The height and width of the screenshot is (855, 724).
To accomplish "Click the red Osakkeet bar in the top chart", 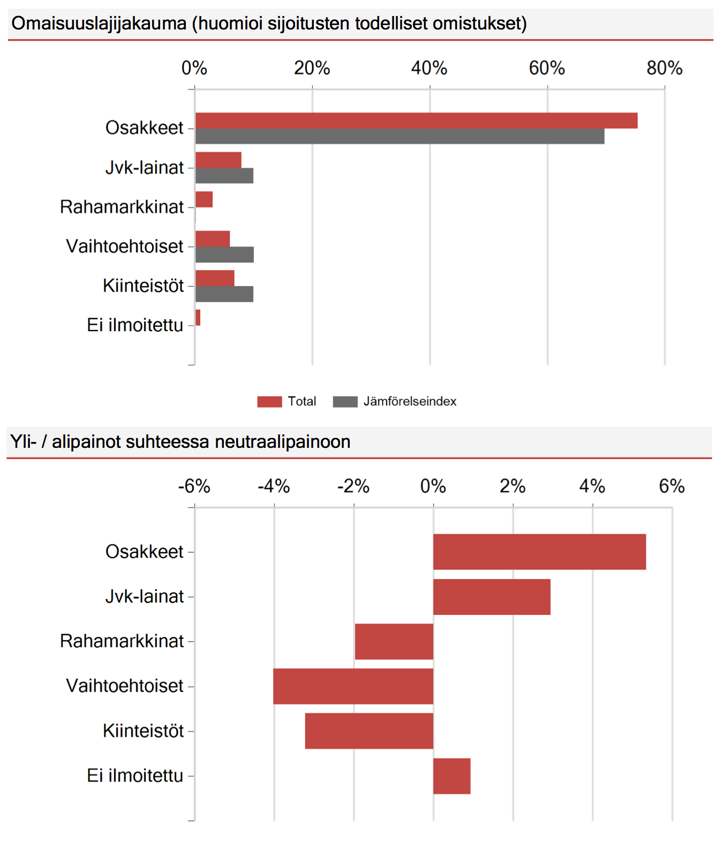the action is coord(417,121).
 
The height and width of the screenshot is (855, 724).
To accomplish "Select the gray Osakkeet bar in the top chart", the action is coord(400,136).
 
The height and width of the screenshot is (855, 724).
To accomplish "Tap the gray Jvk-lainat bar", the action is coord(224,176).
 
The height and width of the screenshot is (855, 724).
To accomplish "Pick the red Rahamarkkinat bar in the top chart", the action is coord(204,199).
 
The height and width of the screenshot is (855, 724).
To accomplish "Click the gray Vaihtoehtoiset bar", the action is coord(224,254).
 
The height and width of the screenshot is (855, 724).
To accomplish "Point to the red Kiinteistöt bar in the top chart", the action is coord(215,278).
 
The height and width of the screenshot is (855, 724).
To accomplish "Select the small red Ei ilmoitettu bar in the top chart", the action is coord(198,318).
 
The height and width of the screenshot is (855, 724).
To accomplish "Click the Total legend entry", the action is coord(287,401).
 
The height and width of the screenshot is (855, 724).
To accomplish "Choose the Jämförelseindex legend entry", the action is coord(395,401).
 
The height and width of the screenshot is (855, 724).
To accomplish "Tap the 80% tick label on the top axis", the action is coord(665,68).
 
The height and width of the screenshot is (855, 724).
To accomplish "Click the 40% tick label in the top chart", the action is coord(429,68).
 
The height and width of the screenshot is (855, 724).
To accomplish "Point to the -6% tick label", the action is coord(194,486).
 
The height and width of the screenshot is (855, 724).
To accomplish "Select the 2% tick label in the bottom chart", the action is coord(512,486).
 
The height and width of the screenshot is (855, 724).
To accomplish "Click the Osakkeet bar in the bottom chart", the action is coord(540,552).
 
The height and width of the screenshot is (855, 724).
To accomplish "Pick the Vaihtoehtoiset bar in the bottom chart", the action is coord(353,686).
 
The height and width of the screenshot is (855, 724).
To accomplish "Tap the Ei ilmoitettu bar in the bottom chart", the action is coord(452,776).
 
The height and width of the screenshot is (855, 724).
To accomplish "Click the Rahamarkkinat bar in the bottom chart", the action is coord(394,641).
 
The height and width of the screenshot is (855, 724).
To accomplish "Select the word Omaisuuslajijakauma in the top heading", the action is coord(99,24).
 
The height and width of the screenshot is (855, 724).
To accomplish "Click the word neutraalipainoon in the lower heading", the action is coord(283,442).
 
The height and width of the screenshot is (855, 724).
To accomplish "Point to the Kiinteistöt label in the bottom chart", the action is coord(144,731).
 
